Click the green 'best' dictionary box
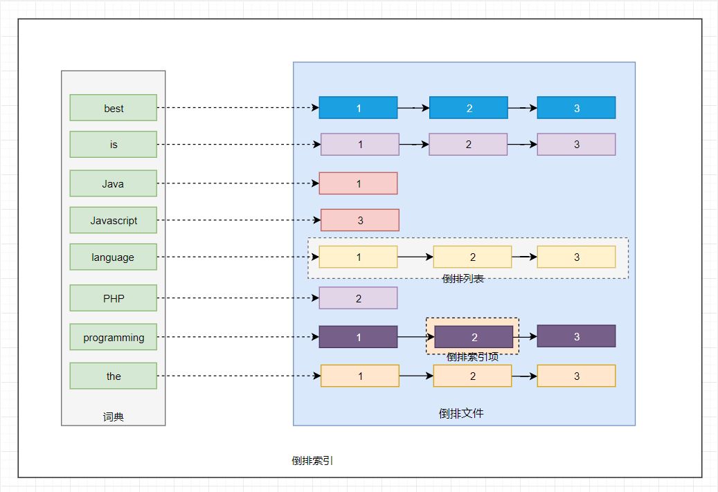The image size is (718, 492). tap(114, 108)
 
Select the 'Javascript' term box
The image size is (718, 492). tap(114, 220)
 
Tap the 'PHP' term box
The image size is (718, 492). tap(114, 298)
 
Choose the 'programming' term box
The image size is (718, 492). tap(114, 337)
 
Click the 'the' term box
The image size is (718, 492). tap(114, 376)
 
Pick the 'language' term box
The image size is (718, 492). tap(114, 257)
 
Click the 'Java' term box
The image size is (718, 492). tap(114, 183)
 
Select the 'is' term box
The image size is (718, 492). tap(114, 145)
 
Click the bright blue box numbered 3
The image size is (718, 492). tap(576, 108)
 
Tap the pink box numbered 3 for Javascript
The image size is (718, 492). tap(360, 220)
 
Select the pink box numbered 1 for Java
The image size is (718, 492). tap(358, 183)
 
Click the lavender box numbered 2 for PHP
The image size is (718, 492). tap(358, 298)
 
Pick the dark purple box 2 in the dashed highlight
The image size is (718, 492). tap(474, 337)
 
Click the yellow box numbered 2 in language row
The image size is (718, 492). tap(472, 257)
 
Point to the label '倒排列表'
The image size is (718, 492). tap(463, 279)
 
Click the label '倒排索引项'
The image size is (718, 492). tap(472, 357)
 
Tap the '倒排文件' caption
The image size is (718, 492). tap(461, 413)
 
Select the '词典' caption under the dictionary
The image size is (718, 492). tap(113, 417)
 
